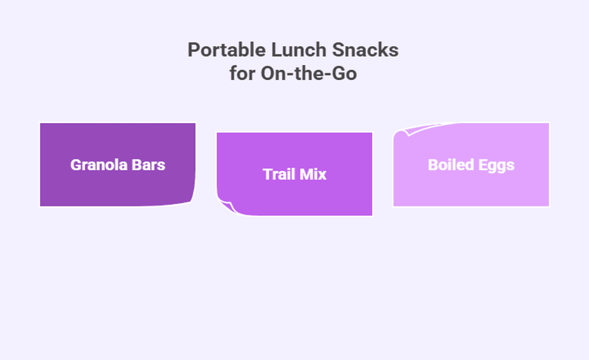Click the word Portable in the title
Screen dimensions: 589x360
click(226, 50)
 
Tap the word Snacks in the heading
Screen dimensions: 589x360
click(365, 50)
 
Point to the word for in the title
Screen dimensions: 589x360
click(242, 73)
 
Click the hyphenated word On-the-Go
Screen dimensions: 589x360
click(309, 73)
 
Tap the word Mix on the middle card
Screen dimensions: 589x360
click(312, 174)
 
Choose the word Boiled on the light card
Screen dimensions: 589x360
click(451, 165)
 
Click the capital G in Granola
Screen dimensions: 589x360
click(76, 165)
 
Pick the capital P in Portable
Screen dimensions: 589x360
click(193, 50)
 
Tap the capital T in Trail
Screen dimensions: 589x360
click(267, 174)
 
